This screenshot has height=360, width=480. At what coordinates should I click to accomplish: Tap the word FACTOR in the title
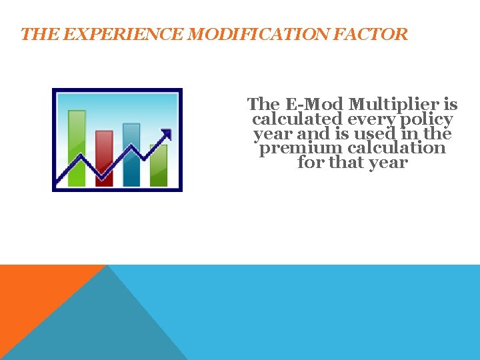[375, 35]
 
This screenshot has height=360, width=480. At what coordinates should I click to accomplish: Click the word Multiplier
[403, 105]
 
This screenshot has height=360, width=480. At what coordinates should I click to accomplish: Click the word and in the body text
[312, 133]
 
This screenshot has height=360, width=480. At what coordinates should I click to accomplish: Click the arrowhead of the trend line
[167, 135]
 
